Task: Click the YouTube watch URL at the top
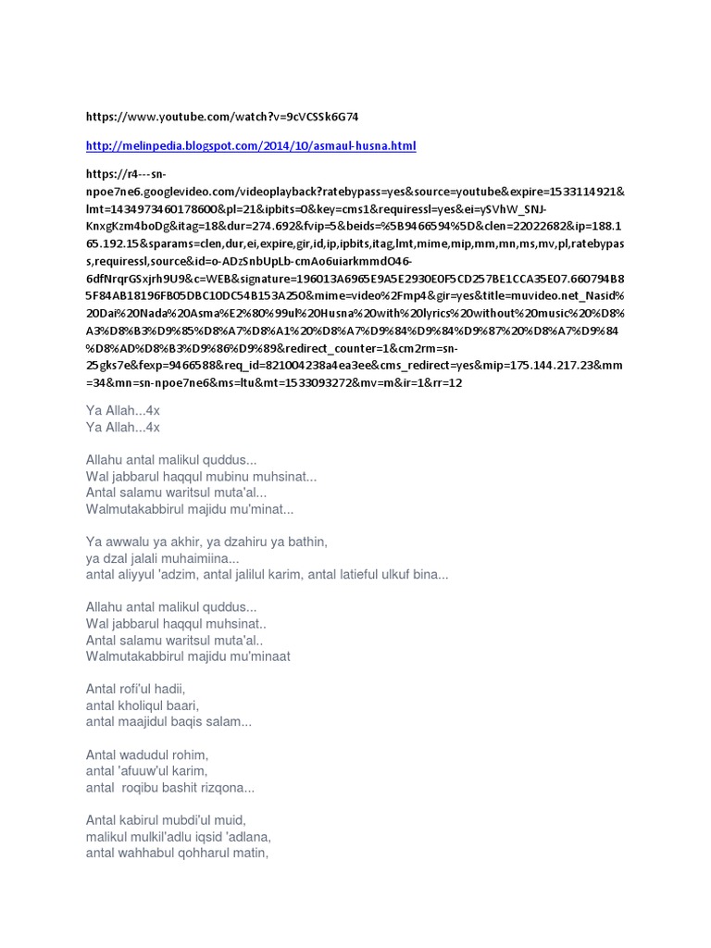(x=221, y=117)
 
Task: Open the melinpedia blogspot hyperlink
(x=251, y=146)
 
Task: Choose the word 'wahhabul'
(x=156, y=853)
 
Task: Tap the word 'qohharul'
(x=207, y=853)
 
